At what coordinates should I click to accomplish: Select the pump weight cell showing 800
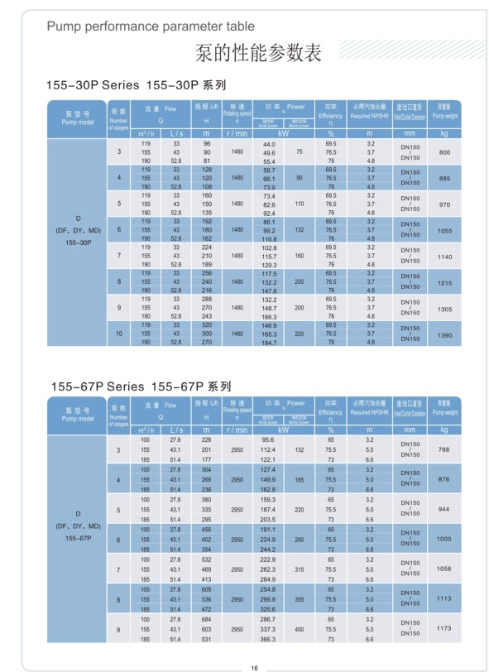pyautogui.click(x=444, y=153)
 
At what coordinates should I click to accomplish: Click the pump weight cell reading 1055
pyautogui.click(x=444, y=231)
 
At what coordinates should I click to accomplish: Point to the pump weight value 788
pyautogui.click(x=443, y=449)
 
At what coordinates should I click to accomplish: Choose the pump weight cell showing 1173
pyautogui.click(x=443, y=629)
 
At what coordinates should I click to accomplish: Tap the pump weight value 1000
pyautogui.click(x=443, y=539)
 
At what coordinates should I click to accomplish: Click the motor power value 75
pyautogui.click(x=300, y=153)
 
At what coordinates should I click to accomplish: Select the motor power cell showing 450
pyautogui.click(x=300, y=629)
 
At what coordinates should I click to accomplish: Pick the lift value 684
pyautogui.click(x=207, y=619)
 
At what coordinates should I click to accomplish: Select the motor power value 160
pyautogui.click(x=300, y=257)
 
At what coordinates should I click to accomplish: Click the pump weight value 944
pyautogui.click(x=443, y=509)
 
